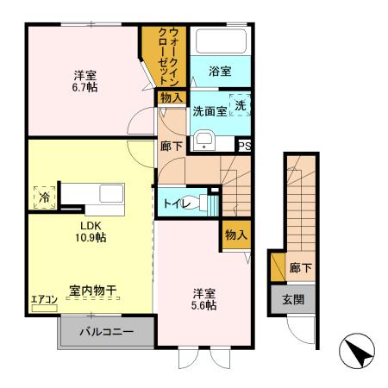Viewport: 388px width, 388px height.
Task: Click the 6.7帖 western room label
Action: point(84,80)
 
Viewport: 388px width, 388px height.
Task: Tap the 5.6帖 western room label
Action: point(204,297)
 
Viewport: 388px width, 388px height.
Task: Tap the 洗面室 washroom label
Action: point(210,111)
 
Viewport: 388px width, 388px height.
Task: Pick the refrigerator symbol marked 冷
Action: point(42,197)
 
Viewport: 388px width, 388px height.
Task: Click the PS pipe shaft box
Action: point(244,145)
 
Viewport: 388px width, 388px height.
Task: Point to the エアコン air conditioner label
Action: point(44,300)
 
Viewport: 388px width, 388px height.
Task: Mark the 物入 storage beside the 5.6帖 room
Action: point(236,234)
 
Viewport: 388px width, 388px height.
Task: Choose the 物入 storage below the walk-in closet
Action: point(170,97)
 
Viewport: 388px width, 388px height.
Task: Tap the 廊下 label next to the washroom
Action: point(171,146)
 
